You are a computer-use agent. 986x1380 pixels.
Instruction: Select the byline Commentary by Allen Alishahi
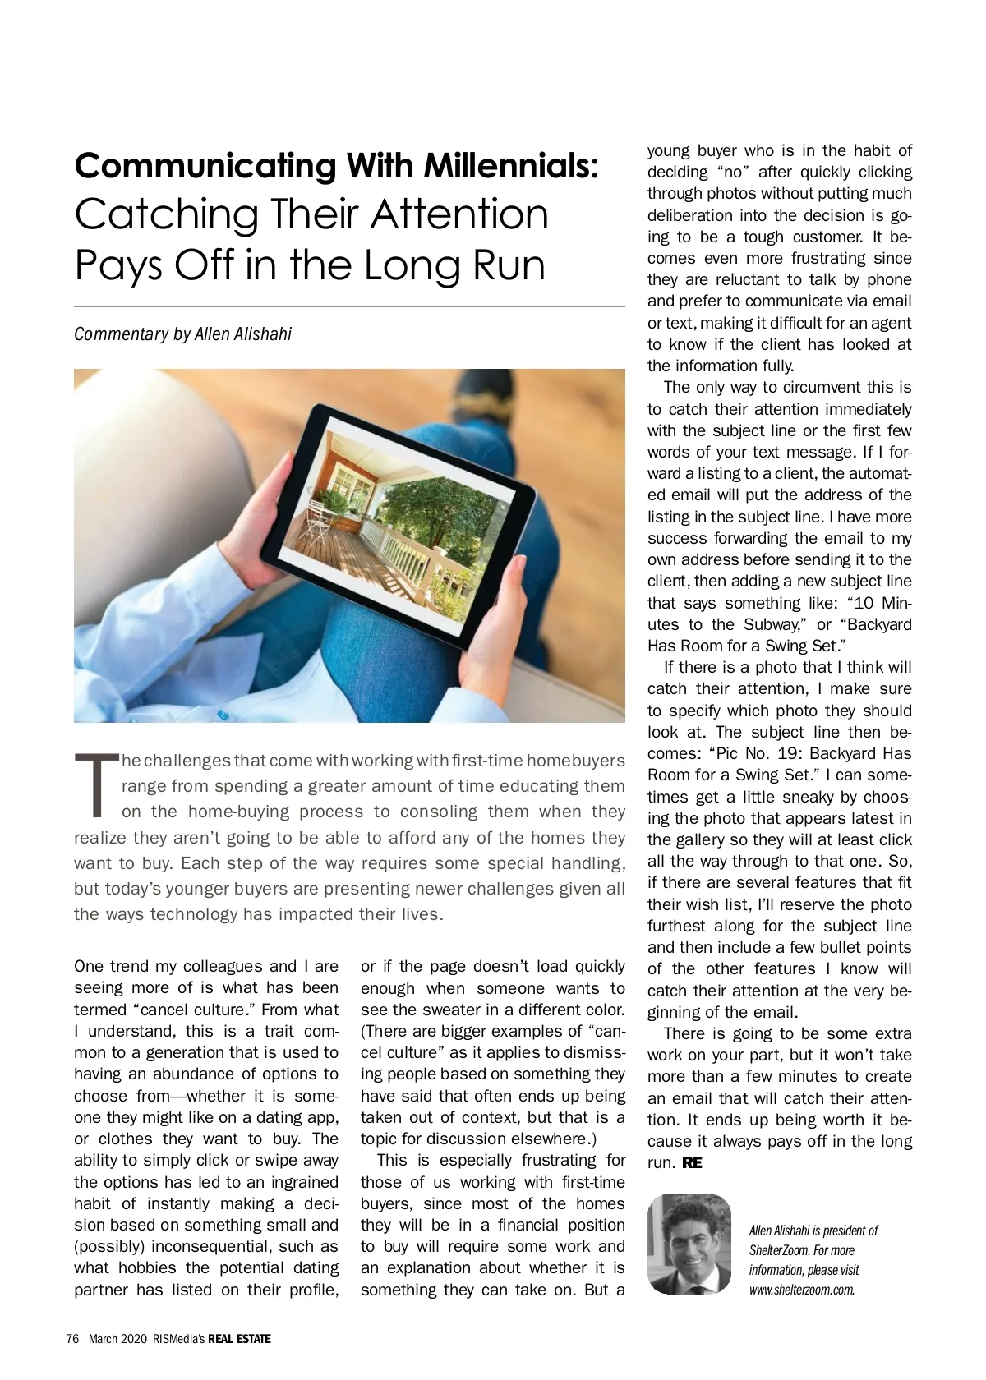(182, 334)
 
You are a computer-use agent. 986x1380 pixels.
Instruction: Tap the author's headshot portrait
(689, 1244)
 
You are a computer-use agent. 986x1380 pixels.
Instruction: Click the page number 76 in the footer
(72, 1339)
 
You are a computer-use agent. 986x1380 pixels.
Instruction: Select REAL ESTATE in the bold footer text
(239, 1339)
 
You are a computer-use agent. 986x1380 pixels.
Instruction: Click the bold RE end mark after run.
(692, 1163)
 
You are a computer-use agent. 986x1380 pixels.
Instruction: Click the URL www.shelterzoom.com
(802, 1290)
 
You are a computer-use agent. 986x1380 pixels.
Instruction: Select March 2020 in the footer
(117, 1339)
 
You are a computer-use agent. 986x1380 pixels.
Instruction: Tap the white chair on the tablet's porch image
(322, 516)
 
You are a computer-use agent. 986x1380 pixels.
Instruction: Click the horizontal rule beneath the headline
(349, 306)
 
